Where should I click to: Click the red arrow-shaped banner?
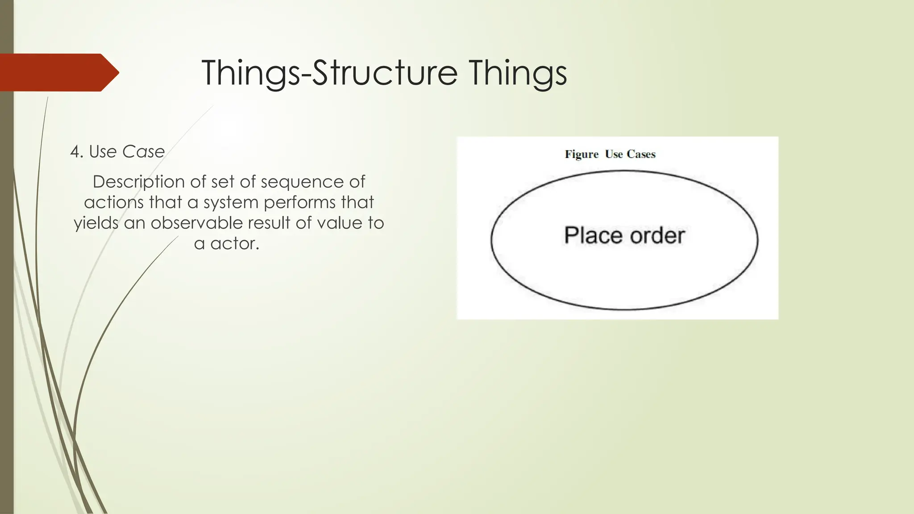point(58,72)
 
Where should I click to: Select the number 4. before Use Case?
point(77,152)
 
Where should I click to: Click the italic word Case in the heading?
point(143,152)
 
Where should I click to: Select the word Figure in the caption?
point(582,154)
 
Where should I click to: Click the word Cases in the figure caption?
point(641,154)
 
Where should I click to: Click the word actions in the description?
point(114,203)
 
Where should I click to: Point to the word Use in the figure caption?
point(614,154)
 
